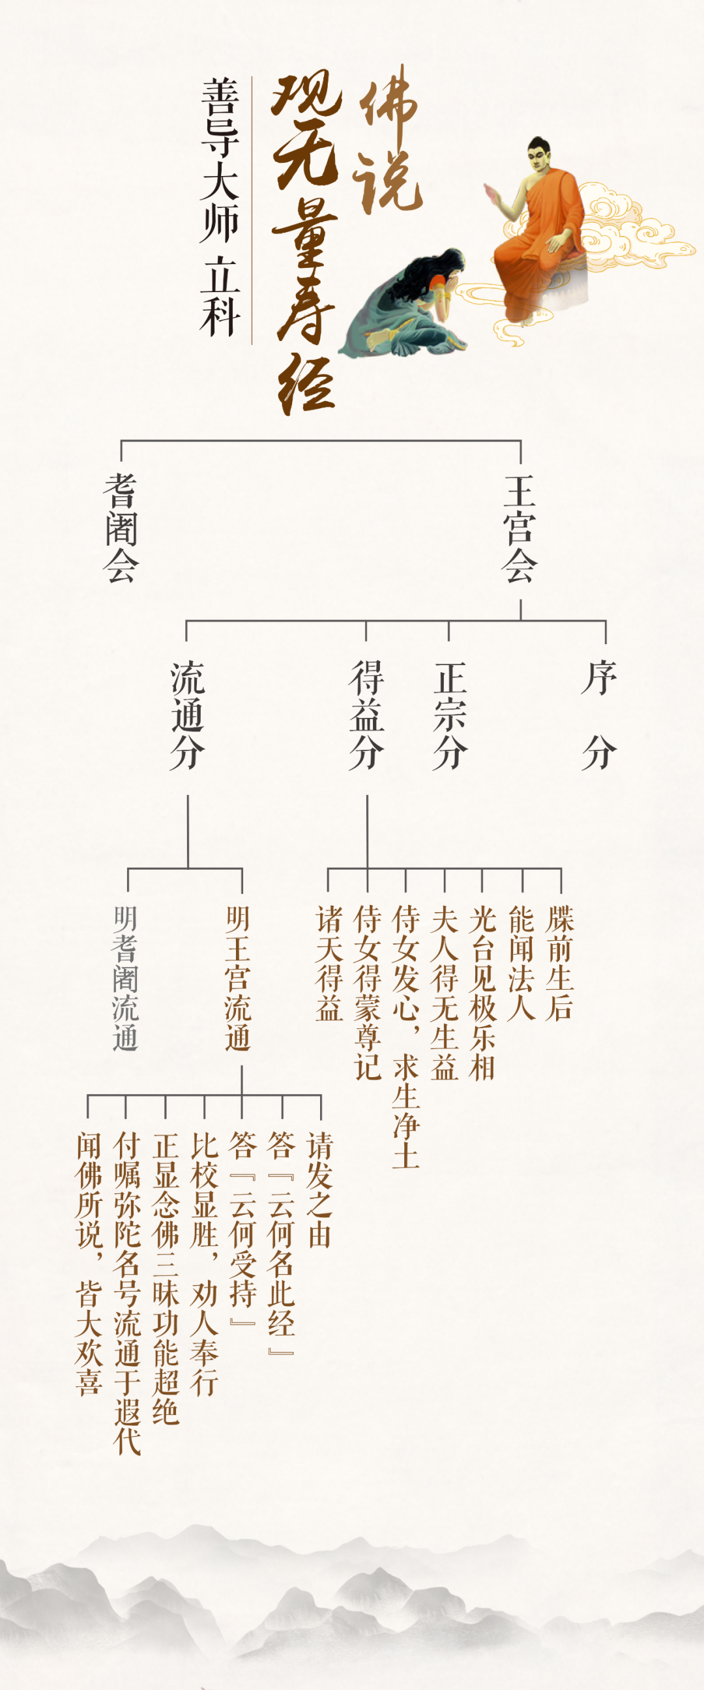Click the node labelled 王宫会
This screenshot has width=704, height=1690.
pyautogui.click(x=520, y=529)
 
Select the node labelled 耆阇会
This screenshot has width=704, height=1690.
pyautogui.click(x=121, y=529)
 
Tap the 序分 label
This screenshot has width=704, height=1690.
pyautogui.click(x=598, y=715)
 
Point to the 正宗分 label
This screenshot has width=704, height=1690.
pyautogui.click(x=450, y=715)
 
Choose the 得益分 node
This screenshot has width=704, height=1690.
pyautogui.click(x=366, y=715)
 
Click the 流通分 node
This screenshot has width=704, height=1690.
pyautogui.click(x=188, y=715)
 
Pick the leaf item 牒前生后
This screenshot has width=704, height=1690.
pyautogui.click(x=560, y=963)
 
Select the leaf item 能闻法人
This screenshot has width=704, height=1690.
pyautogui.click(x=521, y=963)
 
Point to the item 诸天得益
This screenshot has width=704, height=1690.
pyautogui.click(x=329, y=963)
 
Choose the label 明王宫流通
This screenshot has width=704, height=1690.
pyautogui.click(x=238, y=978)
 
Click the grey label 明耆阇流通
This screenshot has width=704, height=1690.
pyautogui.click(x=125, y=978)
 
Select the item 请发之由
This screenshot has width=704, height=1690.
pyautogui.click(x=319, y=1189)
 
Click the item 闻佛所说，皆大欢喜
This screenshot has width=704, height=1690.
pyautogui.click(x=89, y=1264)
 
